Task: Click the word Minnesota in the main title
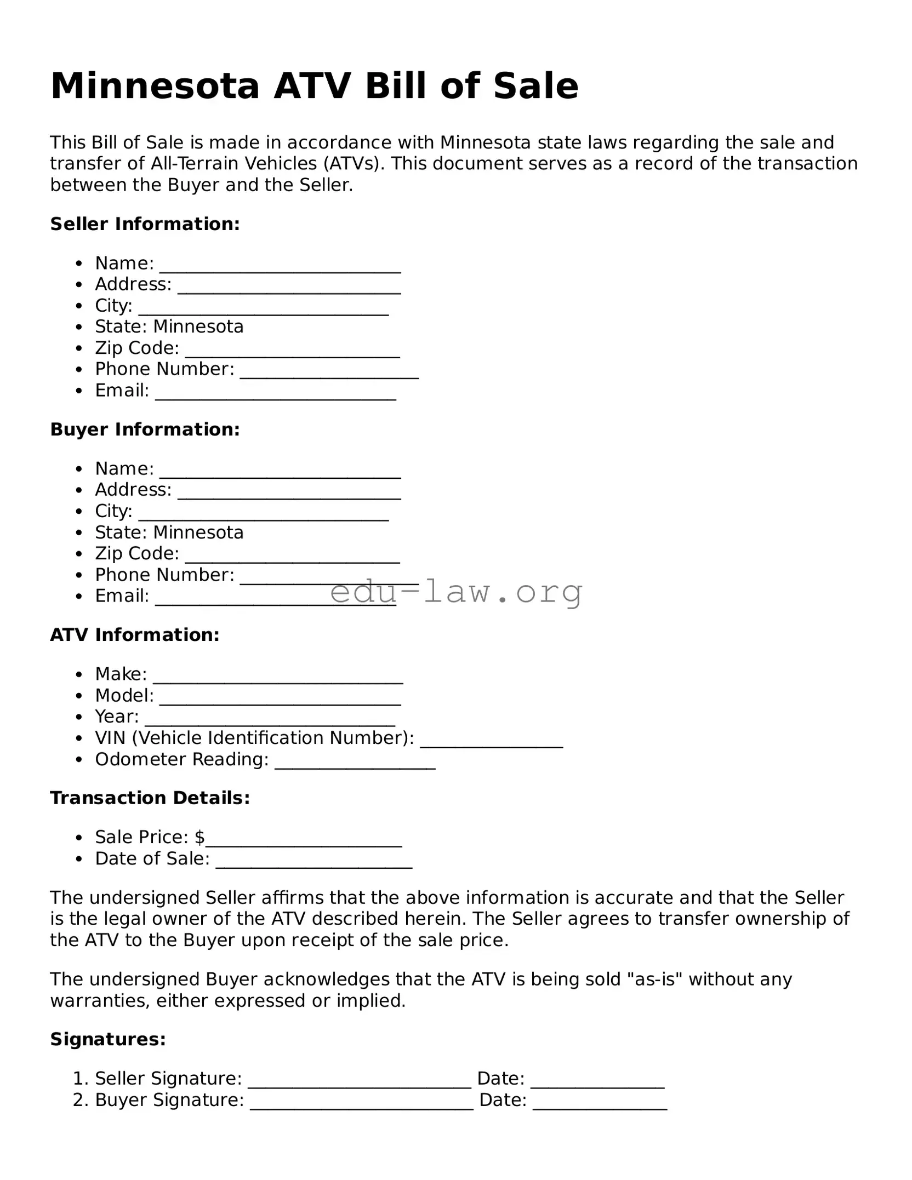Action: point(155,86)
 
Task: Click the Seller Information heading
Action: point(145,224)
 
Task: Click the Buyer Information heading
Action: point(145,429)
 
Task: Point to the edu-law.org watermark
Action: point(456,592)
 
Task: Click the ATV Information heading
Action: point(135,635)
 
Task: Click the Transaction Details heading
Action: point(150,798)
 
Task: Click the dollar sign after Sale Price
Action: point(200,837)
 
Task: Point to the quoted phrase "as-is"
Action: point(654,979)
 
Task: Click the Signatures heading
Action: point(108,1039)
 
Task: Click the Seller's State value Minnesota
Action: point(198,326)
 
